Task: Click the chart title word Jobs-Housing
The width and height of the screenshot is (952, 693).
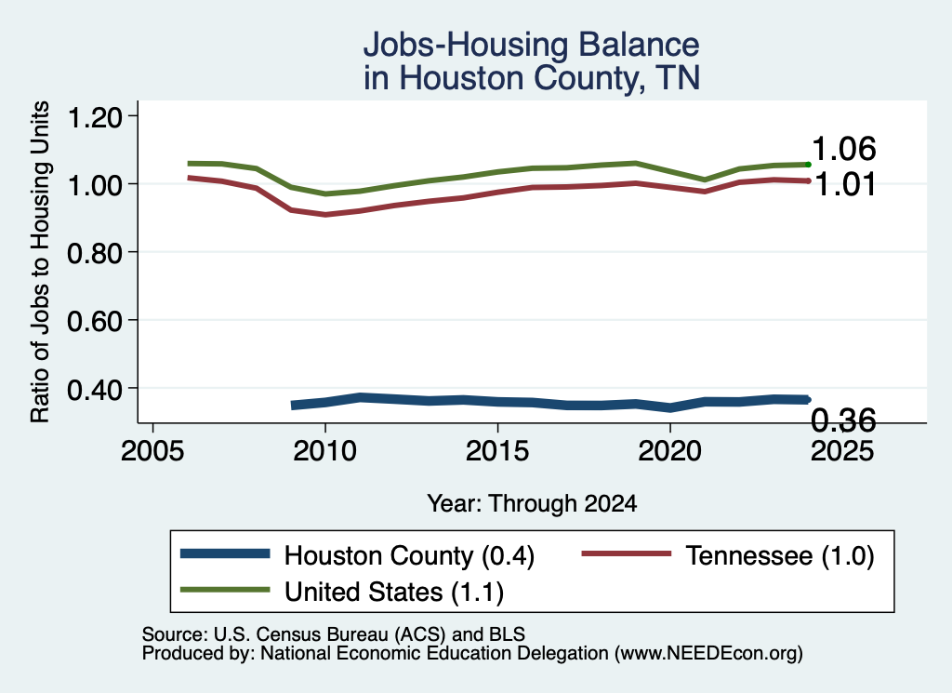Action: pos(465,46)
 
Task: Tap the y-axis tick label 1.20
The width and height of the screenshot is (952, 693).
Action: pos(95,116)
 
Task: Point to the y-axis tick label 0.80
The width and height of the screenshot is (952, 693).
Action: pos(95,253)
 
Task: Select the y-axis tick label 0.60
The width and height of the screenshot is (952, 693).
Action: pos(95,321)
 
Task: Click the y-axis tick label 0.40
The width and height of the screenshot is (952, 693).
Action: pos(95,389)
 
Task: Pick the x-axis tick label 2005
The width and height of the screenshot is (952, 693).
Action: pos(153,451)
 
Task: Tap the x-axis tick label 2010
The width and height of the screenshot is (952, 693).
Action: pos(325,451)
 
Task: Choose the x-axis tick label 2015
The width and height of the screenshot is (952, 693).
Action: pos(498,451)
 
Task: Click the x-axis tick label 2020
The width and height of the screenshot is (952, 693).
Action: pos(670,451)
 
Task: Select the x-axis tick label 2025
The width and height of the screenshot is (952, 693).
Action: pos(842,451)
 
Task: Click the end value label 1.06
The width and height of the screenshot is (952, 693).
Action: pos(844,149)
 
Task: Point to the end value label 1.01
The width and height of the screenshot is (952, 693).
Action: pos(844,184)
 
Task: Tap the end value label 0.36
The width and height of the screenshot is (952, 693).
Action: pos(844,420)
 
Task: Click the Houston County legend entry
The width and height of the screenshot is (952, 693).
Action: pos(358,555)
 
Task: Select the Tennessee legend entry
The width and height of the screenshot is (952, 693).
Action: pos(728,555)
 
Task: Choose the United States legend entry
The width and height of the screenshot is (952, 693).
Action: pos(342,592)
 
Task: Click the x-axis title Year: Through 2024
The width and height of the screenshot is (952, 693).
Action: pos(532,503)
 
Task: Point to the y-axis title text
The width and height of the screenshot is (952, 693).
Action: pos(40,261)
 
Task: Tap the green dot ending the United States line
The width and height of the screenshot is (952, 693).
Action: pos(808,165)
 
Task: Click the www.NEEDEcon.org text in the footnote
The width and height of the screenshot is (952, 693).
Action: pos(708,654)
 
